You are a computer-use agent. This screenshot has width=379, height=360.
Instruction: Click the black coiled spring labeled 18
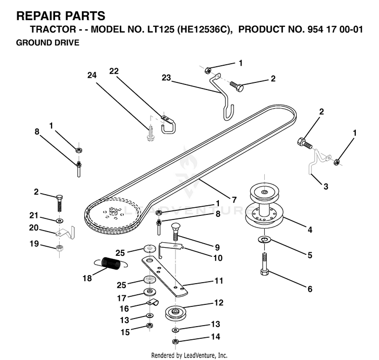(x=111, y=263)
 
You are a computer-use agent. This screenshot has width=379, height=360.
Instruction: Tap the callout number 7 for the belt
(x=234, y=200)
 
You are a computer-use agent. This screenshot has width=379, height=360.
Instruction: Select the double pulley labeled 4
(x=264, y=205)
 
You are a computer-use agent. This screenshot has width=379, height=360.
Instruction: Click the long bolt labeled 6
(x=265, y=264)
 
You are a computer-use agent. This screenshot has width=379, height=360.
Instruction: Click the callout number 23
(x=166, y=77)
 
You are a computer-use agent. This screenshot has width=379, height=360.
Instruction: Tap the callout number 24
(x=92, y=75)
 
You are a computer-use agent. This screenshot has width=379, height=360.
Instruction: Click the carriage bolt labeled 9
(x=176, y=232)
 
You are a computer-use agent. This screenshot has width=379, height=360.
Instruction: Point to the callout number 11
(x=219, y=281)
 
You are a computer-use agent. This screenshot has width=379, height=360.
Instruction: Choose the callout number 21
(x=34, y=215)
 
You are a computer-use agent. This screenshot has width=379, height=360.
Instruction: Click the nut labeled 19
(x=59, y=248)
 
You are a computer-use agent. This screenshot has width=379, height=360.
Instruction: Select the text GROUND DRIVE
(x=48, y=42)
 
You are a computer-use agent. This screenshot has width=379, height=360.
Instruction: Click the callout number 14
(x=216, y=336)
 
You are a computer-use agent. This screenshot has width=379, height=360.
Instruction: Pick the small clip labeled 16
(x=153, y=303)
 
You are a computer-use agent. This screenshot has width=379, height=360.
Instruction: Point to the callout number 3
(x=326, y=187)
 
